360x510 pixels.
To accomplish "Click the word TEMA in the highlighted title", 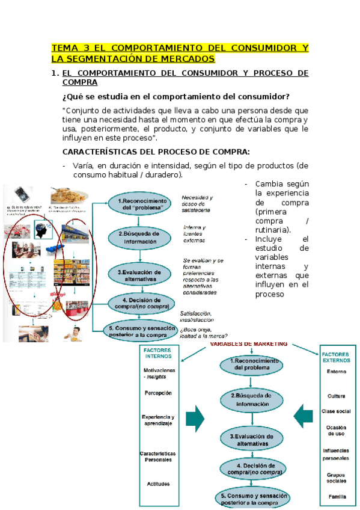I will tap(64, 48).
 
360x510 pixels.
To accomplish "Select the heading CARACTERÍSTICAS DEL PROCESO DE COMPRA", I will tap(156, 151).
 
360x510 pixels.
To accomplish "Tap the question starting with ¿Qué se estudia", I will tap(176, 96).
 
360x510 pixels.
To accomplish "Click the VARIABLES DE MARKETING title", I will tap(248, 343).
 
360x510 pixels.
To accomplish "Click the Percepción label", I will tap(158, 393).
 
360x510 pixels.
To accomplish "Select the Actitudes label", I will tap(158, 484).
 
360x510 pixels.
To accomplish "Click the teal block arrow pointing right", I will tap(195, 417).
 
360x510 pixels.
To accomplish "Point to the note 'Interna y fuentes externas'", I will tap(195, 233).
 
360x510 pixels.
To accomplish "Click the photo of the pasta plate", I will tap(70, 197).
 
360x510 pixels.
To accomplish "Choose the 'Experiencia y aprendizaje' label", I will tap(158, 420).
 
